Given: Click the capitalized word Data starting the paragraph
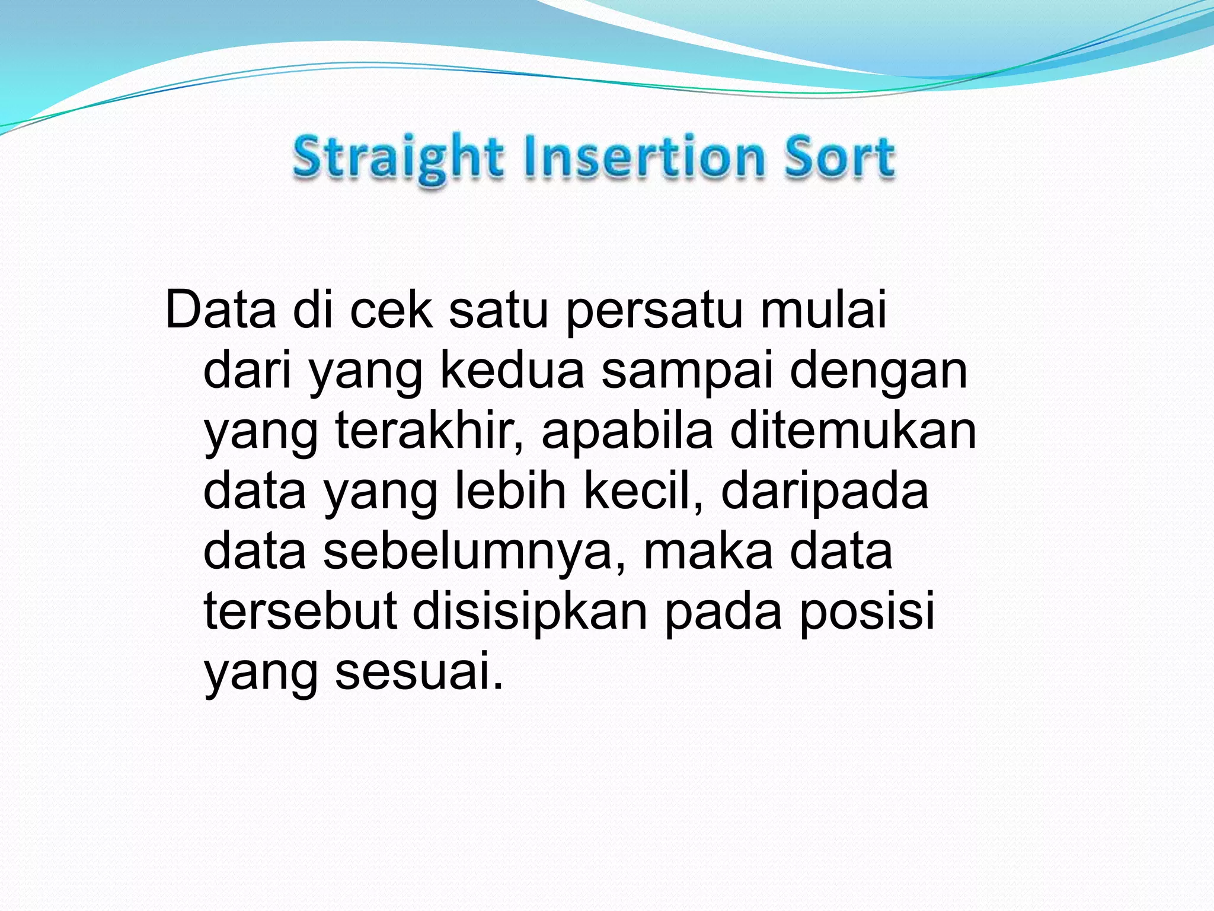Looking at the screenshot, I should pos(221,310).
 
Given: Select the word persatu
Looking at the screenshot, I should pos(654,311).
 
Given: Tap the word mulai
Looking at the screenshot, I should pos(823,310).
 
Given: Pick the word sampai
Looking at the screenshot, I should pos(688,371).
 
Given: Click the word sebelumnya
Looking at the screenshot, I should pos(474,553).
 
